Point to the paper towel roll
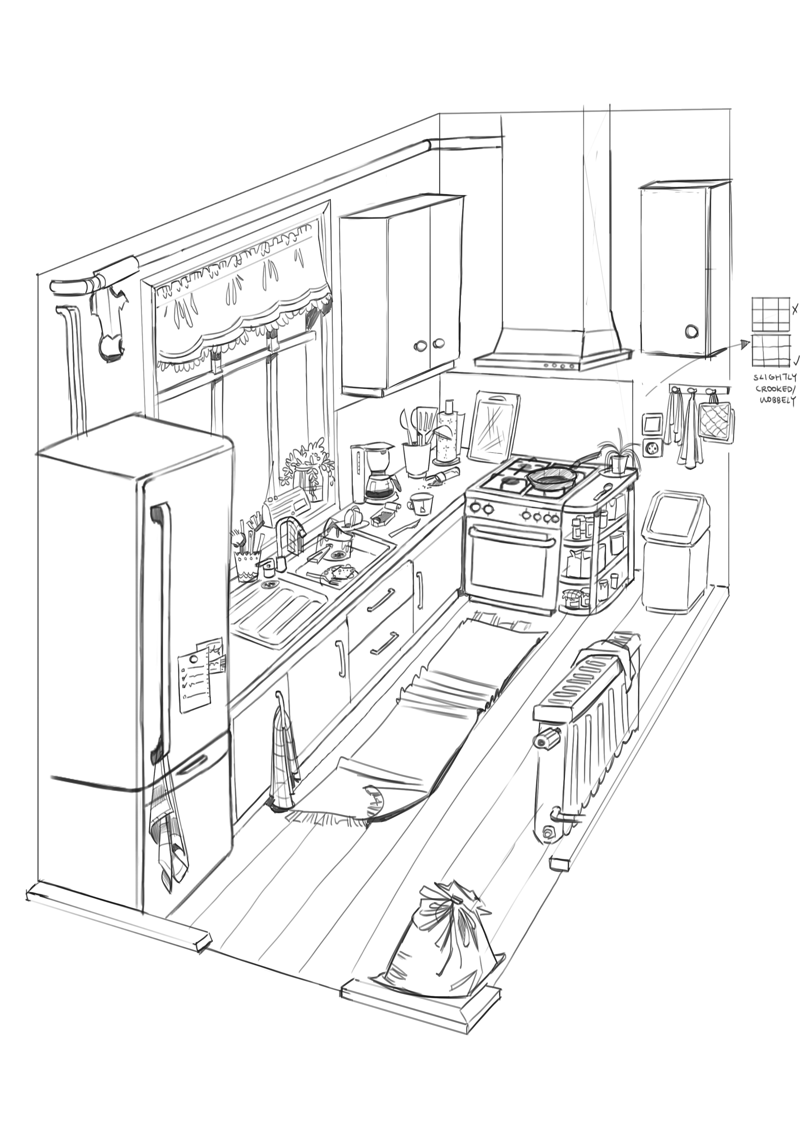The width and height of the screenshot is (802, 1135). (449, 435)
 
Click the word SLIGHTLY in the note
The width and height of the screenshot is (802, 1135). (774, 378)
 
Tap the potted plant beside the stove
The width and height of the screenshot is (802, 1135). (616, 456)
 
